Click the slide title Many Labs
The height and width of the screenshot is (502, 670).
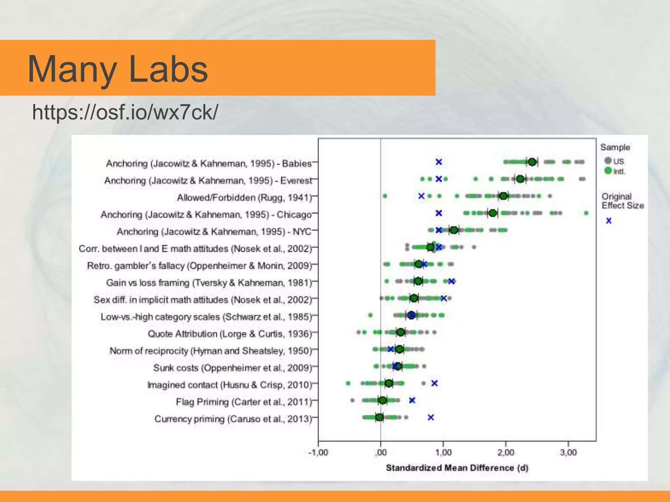[118, 69]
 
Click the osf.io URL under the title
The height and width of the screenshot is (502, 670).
[125, 112]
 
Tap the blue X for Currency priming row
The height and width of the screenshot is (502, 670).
[431, 417]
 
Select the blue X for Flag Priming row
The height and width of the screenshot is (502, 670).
[412, 400]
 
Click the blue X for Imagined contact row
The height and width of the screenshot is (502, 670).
[434, 383]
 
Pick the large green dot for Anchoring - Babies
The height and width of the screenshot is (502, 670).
[532, 162]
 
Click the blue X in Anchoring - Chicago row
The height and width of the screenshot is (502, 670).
[439, 213]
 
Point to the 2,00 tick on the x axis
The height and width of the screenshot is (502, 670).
[506, 453]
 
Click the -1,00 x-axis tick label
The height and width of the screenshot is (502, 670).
[318, 453]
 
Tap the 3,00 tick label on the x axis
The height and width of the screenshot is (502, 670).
[569, 453]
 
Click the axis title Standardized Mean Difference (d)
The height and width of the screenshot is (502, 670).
[457, 468]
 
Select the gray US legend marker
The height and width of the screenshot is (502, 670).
[608, 160]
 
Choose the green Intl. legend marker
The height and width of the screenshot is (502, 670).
[608, 171]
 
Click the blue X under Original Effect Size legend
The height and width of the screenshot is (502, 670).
[608, 221]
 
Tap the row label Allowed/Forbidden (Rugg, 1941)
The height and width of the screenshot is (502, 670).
[244, 198]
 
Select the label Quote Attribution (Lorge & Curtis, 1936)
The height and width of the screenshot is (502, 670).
[229, 334]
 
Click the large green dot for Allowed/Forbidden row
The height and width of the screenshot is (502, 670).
[503, 196]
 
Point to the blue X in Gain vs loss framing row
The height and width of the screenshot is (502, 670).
[451, 281]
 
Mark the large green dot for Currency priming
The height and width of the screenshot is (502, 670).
[379, 417]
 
